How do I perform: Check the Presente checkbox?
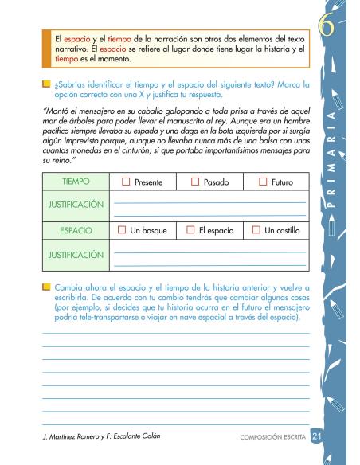(x=127, y=182)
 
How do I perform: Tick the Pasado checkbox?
(x=195, y=182)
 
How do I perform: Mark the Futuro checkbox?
(x=264, y=182)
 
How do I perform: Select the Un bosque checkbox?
(x=122, y=230)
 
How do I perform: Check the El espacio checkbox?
(x=190, y=230)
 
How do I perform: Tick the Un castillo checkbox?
(x=256, y=230)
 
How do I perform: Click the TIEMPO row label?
(x=76, y=182)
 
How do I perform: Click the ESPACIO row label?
(x=76, y=230)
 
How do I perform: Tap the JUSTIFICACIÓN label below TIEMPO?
(x=76, y=205)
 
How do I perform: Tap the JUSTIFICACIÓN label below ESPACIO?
(x=76, y=255)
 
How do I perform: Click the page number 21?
(x=316, y=436)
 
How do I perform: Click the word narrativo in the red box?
(x=72, y=50)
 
